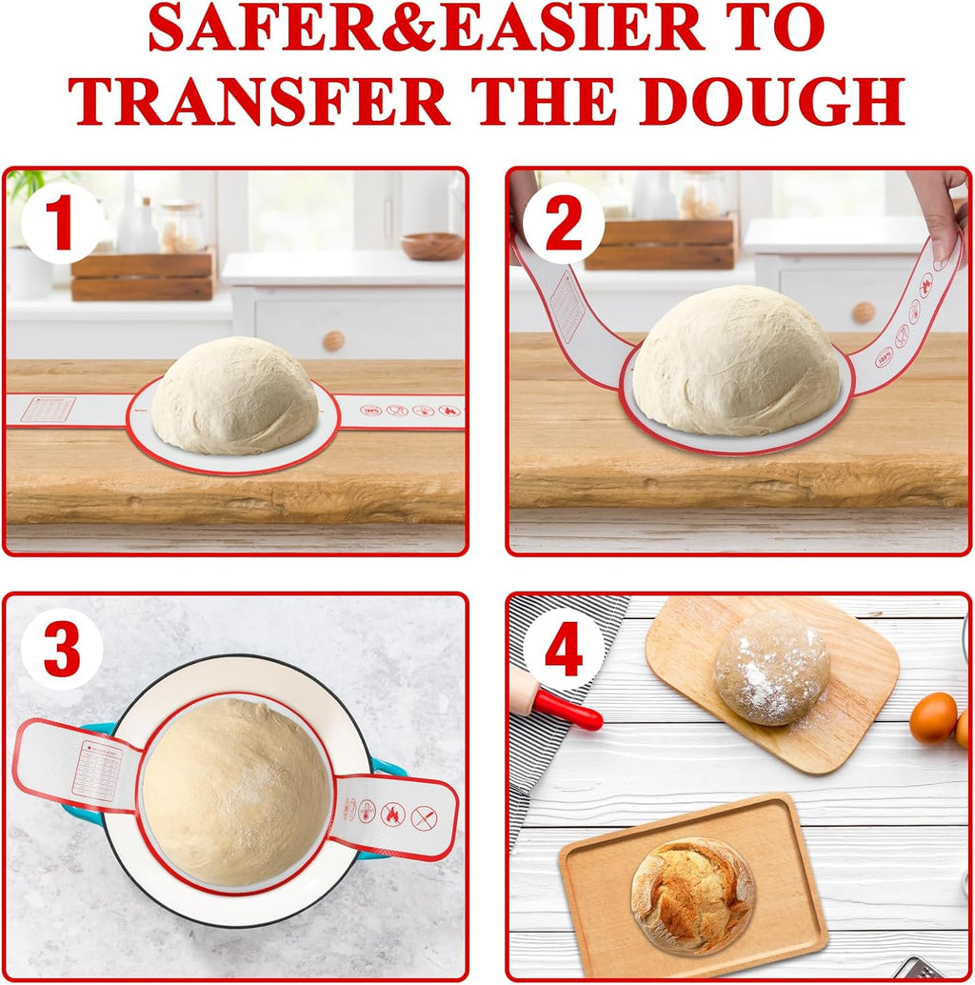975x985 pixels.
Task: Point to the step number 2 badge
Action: (563, 225)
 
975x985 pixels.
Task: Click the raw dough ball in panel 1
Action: (235, 394)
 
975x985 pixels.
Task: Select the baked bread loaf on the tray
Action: (692, 895)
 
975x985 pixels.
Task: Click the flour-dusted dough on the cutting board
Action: (771, 667)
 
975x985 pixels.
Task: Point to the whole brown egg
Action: (932, 717)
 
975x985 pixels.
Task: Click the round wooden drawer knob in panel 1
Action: (333, 340)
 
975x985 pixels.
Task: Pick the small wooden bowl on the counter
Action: (432, 246)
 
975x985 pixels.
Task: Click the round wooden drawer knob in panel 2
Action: (863, 312)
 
